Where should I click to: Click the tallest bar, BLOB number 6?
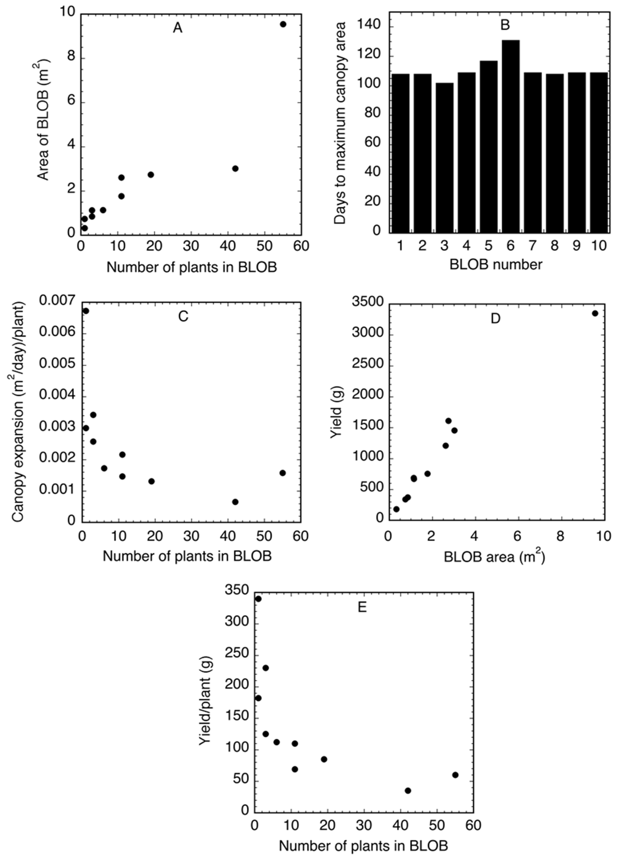510,136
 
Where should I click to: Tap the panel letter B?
505,25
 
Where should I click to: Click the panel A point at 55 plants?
283,24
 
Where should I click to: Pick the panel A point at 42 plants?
235,168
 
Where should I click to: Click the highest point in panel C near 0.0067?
86,311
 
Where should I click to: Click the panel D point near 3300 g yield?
595,313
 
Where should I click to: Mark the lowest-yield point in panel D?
396,509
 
